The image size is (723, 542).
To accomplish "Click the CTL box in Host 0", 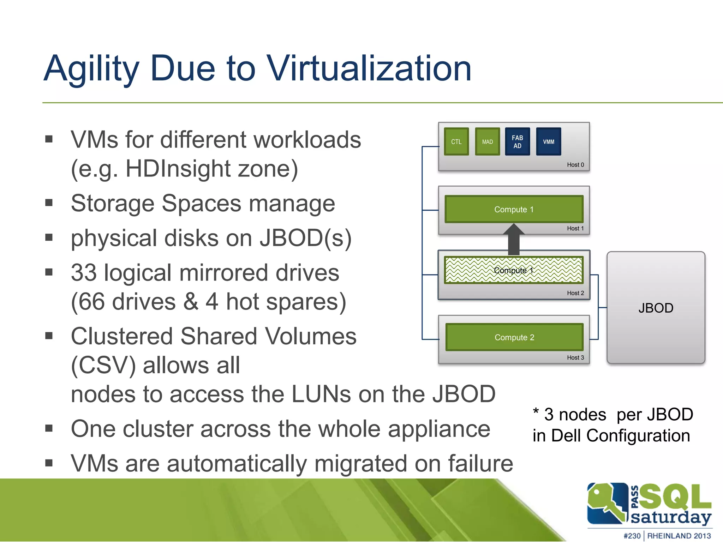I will point(456,141).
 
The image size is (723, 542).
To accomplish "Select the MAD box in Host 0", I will point(487,141).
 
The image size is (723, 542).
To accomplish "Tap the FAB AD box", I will point(517,141).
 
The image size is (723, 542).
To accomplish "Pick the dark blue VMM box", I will point(548,141).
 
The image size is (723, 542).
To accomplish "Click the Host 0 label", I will point(575,165).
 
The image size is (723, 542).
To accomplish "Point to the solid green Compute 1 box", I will point(514,209).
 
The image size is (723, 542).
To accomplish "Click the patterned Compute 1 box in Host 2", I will point(514,270).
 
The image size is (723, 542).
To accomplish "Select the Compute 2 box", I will point(514,337).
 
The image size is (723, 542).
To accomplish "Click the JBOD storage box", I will point(656,308).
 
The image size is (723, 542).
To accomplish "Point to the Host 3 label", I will point(575,357).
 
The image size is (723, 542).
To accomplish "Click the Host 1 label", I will point(575,228).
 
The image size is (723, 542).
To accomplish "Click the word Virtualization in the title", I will point(369,68).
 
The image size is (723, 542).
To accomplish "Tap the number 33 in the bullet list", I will point(84,273).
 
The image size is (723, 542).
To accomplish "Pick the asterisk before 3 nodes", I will point(536,411).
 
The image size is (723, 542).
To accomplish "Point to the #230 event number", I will point(632,536).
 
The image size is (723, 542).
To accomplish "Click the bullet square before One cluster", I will point(49,428).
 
